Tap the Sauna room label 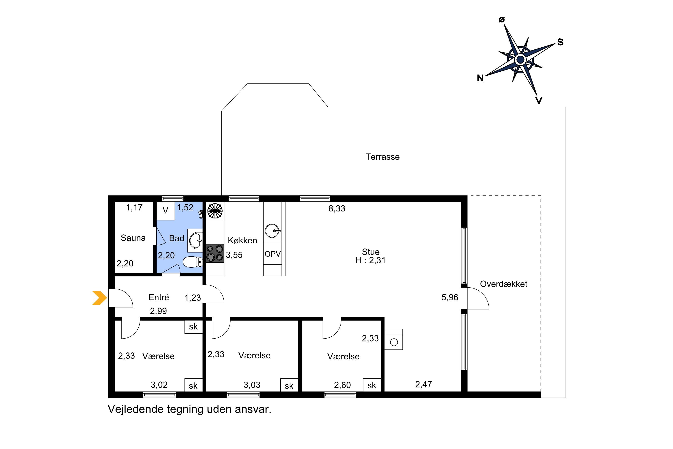[133, 238]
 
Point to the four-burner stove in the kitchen [215, 253]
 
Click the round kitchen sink [272, 231]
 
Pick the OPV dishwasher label [272, 254]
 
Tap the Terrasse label [382, 157]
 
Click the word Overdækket [504, 284]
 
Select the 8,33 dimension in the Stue [337, 209]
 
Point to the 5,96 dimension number [450, 297]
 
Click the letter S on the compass [560, 42]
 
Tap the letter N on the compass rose [480, 78]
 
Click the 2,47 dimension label [424, 384]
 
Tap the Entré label [159, 297]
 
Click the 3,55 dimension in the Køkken [234, 255]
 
